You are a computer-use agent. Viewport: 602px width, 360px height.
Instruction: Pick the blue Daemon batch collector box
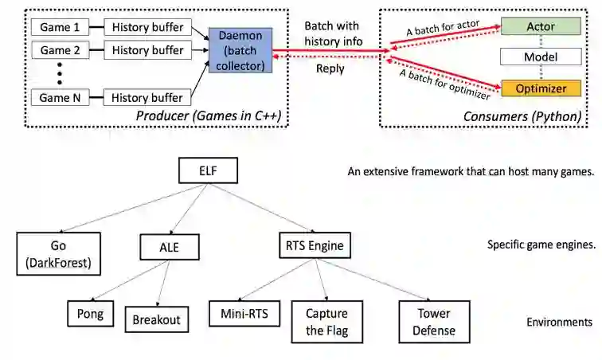[x=240, y=50]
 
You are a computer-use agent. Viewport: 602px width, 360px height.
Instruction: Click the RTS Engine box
[x=314, y=245]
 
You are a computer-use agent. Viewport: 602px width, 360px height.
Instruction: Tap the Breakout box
[x=157, y=319]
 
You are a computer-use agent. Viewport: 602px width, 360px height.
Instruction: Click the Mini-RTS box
[x=244, y=313]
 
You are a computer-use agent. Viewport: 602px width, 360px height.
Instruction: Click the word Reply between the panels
[x=330, y=69]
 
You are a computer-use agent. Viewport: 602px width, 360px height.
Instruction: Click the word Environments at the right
[x=559, y=323]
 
